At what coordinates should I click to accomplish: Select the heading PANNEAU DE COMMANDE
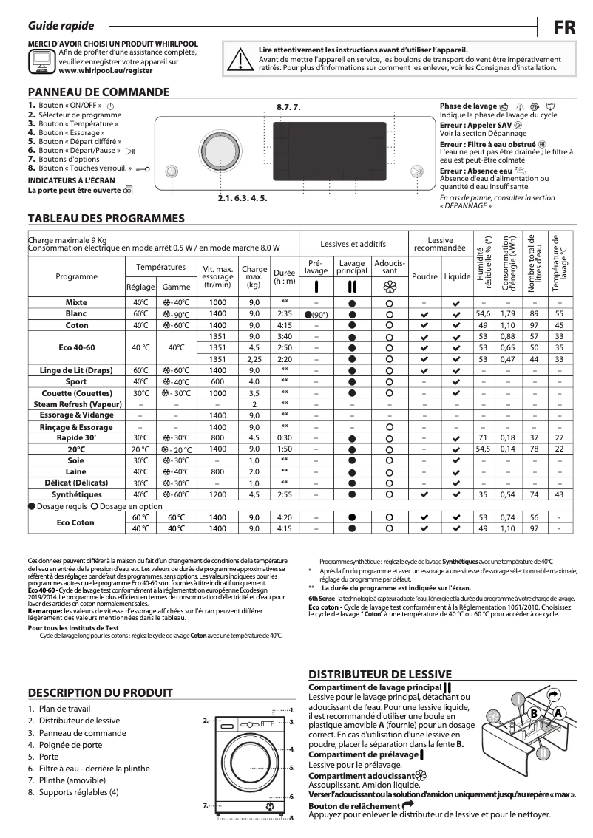(98, 92)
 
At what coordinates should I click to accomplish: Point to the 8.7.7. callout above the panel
(289, 108)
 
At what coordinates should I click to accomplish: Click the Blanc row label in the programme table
(76, 314)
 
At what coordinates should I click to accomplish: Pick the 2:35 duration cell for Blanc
(285, 314)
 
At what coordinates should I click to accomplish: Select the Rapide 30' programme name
(76, 437)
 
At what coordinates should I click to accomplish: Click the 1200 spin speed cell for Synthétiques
(217, 494)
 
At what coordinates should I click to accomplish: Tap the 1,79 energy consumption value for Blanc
(507, 314)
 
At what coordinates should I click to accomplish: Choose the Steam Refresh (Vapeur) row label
(76, 404)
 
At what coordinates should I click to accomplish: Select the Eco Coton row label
(76, 522)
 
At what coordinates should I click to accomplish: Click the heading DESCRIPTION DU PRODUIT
(100, 692)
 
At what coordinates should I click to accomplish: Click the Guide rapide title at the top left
(54, 26)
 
